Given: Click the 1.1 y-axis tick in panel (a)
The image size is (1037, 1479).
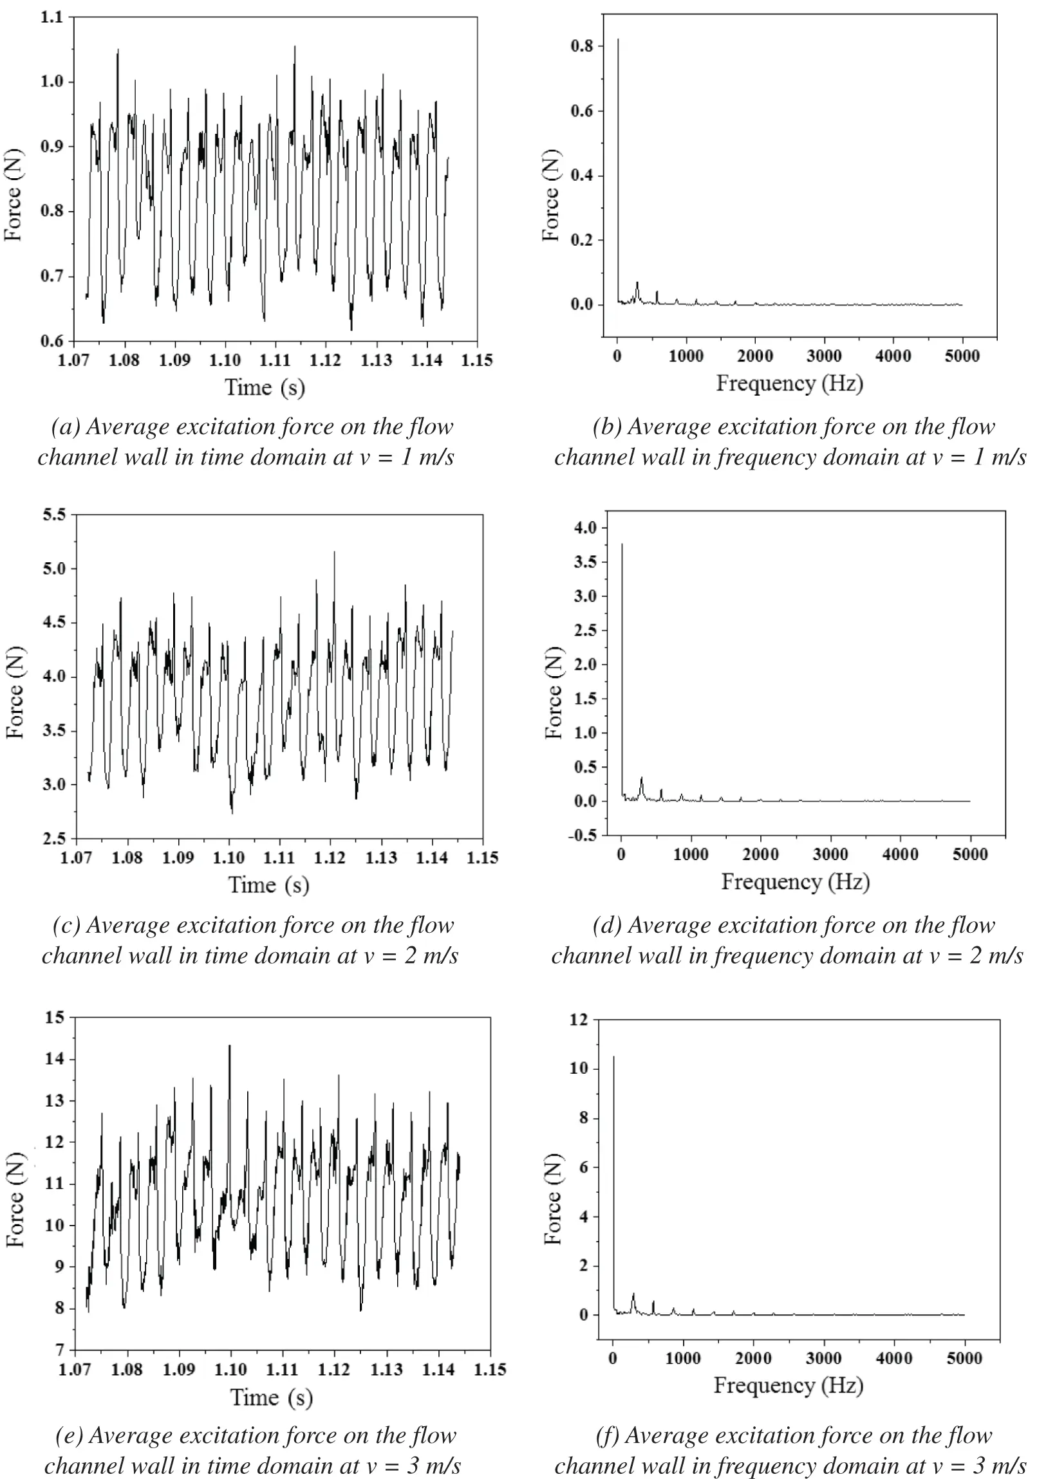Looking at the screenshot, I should click(x=52, y=17).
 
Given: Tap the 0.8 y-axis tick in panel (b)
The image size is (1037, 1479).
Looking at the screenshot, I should click(x=581, y=46).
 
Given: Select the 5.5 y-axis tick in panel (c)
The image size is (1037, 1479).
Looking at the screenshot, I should click(x=53, y=515).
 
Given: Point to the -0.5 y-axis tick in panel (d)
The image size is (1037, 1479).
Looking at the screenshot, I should click(x=584, y=836).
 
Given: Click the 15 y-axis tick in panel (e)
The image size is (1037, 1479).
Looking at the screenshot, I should click(x=55, y=1018).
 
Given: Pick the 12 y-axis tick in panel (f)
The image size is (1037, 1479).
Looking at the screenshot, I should click(x=579, y=1020).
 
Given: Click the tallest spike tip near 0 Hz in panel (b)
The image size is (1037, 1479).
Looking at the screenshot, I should click(x=618, y=40).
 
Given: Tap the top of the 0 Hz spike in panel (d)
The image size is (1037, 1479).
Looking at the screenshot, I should click(x=622, y=545).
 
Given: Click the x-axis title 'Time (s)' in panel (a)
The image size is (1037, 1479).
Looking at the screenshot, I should click(x=265, y=388).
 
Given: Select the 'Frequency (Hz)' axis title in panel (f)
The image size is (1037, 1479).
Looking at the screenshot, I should click(x=788, y=1386).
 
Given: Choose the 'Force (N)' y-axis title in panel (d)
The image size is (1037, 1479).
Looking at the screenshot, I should click(x=554, y=692).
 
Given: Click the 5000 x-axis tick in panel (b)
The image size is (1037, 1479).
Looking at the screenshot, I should click(x=962, y=356).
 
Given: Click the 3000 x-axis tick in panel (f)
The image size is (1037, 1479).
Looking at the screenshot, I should click(x=824, y=1359).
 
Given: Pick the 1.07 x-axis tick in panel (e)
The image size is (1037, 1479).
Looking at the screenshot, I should click(x=75, y=1370).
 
